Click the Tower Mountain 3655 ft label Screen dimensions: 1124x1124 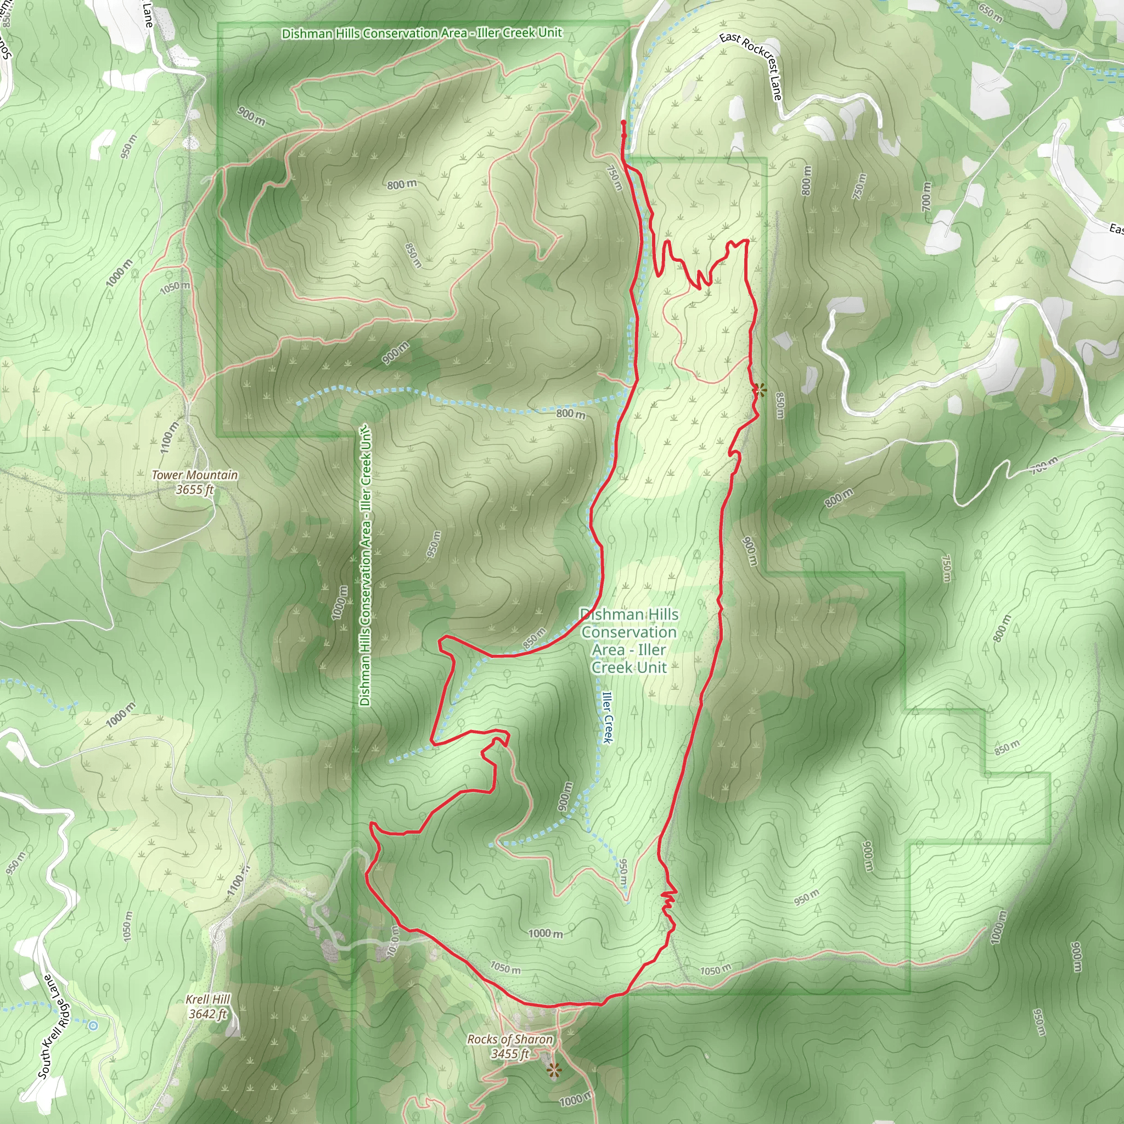point(195,482)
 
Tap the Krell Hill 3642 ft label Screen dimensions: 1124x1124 point(207,1007)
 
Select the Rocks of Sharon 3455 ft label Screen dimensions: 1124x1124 point(510,1047)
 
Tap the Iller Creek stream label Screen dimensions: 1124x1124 point(608,717)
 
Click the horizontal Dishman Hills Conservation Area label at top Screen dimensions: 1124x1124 point(422,33)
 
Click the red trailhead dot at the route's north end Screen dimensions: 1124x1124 point(623,123)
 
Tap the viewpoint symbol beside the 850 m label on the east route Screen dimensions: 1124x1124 point(758,390)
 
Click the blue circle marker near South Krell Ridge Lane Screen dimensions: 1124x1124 point(93,1026)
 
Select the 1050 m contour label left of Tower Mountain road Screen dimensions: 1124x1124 point(175,287)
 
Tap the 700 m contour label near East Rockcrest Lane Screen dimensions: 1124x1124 point(926,196)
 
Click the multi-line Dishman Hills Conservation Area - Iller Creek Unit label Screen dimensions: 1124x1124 point(629,640)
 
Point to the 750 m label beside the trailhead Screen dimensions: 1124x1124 point(614,177)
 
